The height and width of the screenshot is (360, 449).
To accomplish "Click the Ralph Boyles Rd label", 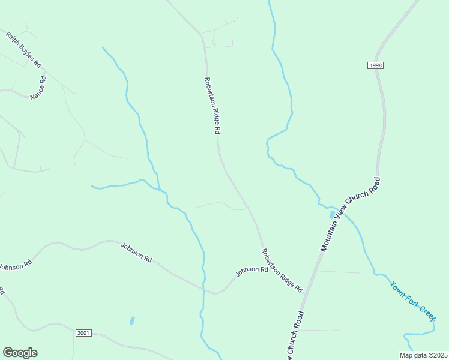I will click(x=23, y=50).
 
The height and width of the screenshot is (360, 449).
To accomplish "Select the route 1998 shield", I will click(x=376, y=65).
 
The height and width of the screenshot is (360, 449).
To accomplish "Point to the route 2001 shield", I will click(x=83, y=332).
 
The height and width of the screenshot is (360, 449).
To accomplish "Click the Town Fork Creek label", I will click(x=412, y=301).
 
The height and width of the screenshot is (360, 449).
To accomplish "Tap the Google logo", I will click(x=20, y=353).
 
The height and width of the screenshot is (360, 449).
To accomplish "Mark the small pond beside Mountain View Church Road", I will click(x=332, y=214).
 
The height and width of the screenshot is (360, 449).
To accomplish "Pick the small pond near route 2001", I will click(x=131, y=320).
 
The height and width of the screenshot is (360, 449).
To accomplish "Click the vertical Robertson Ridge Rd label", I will click(x=213, y=106).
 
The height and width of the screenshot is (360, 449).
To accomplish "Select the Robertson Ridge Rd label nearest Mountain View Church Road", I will click(x=282, y=271).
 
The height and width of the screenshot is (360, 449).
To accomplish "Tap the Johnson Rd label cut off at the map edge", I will click(x=14, y=263).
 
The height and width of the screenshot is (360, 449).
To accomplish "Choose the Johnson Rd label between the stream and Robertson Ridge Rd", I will click(x=252, y=271).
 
